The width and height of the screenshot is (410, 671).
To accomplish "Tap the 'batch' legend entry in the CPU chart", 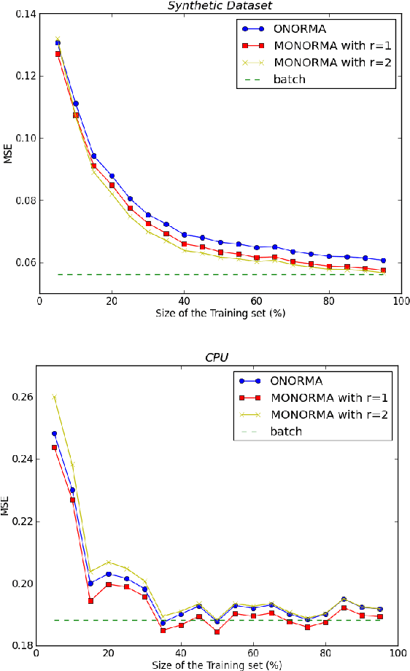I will [x=286, y=431].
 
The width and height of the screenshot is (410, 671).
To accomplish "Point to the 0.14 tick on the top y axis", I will [x=23, y=13].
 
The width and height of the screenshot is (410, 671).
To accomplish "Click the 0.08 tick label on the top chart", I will [x=23, y=200].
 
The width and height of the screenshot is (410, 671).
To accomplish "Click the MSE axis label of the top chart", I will [x=8, y=153].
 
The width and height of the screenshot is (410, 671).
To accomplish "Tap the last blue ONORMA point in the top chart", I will [x=383, y=260].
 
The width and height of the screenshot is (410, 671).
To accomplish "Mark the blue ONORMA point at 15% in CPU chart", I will [x=90, y=583].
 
